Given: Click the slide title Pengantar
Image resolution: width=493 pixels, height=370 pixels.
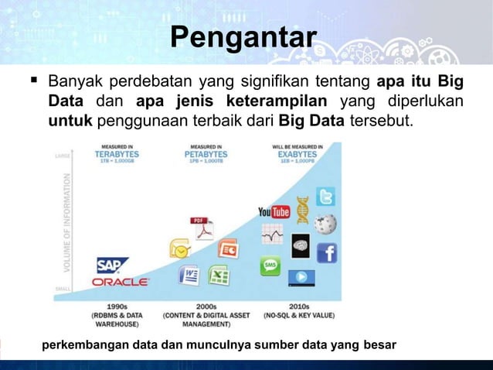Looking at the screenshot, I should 243,37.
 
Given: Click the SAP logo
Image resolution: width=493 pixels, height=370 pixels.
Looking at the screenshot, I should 113,266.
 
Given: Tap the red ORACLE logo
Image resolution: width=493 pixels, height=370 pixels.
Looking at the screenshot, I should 121,283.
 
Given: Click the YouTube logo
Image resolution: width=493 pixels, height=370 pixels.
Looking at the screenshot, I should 274,211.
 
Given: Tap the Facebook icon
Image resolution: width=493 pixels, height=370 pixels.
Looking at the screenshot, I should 326,253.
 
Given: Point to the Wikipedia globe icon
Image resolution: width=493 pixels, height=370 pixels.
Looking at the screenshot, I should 325,224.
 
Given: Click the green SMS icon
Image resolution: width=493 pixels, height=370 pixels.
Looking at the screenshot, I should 271,266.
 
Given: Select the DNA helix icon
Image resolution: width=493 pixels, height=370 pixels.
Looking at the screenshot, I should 302,209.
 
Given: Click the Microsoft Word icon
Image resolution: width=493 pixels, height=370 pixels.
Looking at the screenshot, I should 189,275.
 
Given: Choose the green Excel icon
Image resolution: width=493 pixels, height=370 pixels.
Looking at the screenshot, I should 219,275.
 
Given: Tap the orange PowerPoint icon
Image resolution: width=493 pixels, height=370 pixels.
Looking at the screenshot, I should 229,249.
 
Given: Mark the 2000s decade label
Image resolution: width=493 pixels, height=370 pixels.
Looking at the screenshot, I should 206,307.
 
